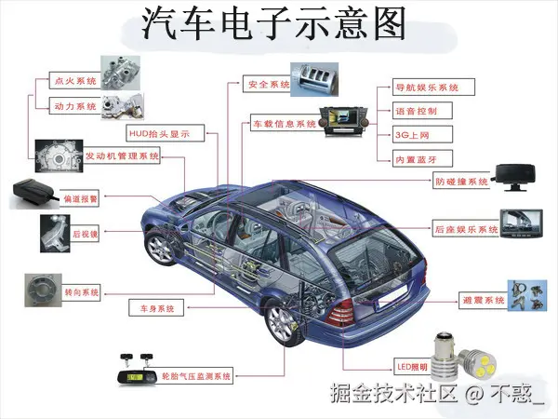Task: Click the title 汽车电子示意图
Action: (x=273, y=24)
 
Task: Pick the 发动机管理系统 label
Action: (x=122, y=155)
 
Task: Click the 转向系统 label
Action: (x=80, y=292)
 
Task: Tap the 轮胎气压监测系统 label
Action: (x=195, y=376)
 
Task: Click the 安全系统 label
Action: (x=269, y=85)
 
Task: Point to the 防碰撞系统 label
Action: (x=461, y=182)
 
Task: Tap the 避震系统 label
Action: (x=483, y=301)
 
